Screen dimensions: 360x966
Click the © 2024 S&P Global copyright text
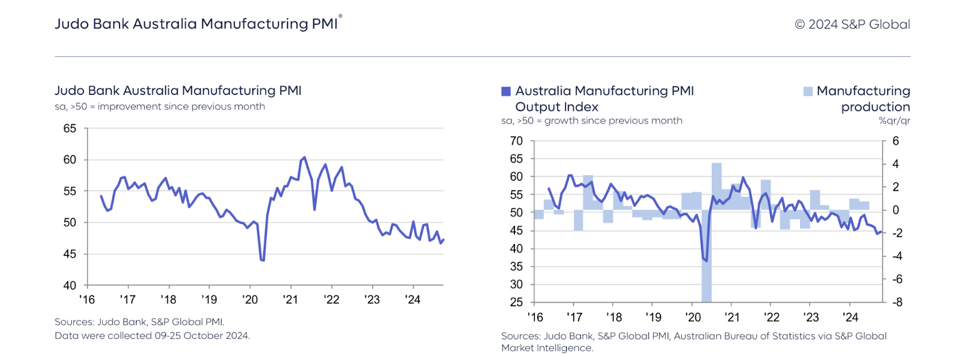[x=852, y=25]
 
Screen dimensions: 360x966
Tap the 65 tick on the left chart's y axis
[x=70, y=129]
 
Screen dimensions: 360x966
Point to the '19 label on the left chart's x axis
[x=209, y=300]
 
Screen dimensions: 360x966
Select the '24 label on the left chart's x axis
[x=412, y=300]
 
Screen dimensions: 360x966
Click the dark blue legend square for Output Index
[x=506, y=92]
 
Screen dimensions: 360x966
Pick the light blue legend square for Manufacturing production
[x=808, y=92]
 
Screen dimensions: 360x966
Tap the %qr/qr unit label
[x=894, y=121]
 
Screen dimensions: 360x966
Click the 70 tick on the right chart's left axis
[x=516, y=141]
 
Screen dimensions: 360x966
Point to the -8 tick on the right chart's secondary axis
[x=897, y=303]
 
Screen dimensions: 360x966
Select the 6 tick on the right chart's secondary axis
[x=895, y=141]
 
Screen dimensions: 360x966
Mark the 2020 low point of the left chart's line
[x=262, y=260]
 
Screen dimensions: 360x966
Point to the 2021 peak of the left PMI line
[x=304, y=158]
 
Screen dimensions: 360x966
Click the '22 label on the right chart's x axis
[x=772, y=318]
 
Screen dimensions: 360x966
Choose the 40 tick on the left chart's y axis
[x=70, y=286]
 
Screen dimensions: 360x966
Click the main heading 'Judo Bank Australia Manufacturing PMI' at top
[x=196, y=24]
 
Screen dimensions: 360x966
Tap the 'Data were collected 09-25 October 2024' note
[x=152, y=336]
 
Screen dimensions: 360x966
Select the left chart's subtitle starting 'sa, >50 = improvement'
[x=159, y=107]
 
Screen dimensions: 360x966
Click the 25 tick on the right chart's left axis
[x=516, y=303]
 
